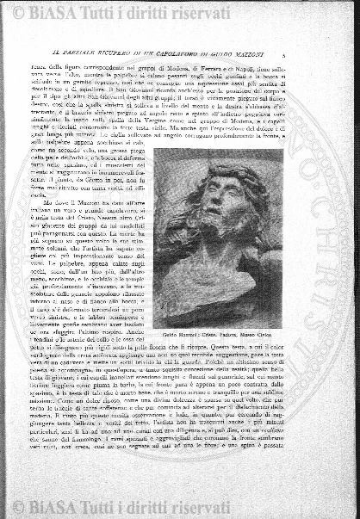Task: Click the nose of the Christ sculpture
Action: pyautogui.click(x=222, y=206)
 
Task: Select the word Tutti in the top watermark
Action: pyautogui.click(x=112, y=13)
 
